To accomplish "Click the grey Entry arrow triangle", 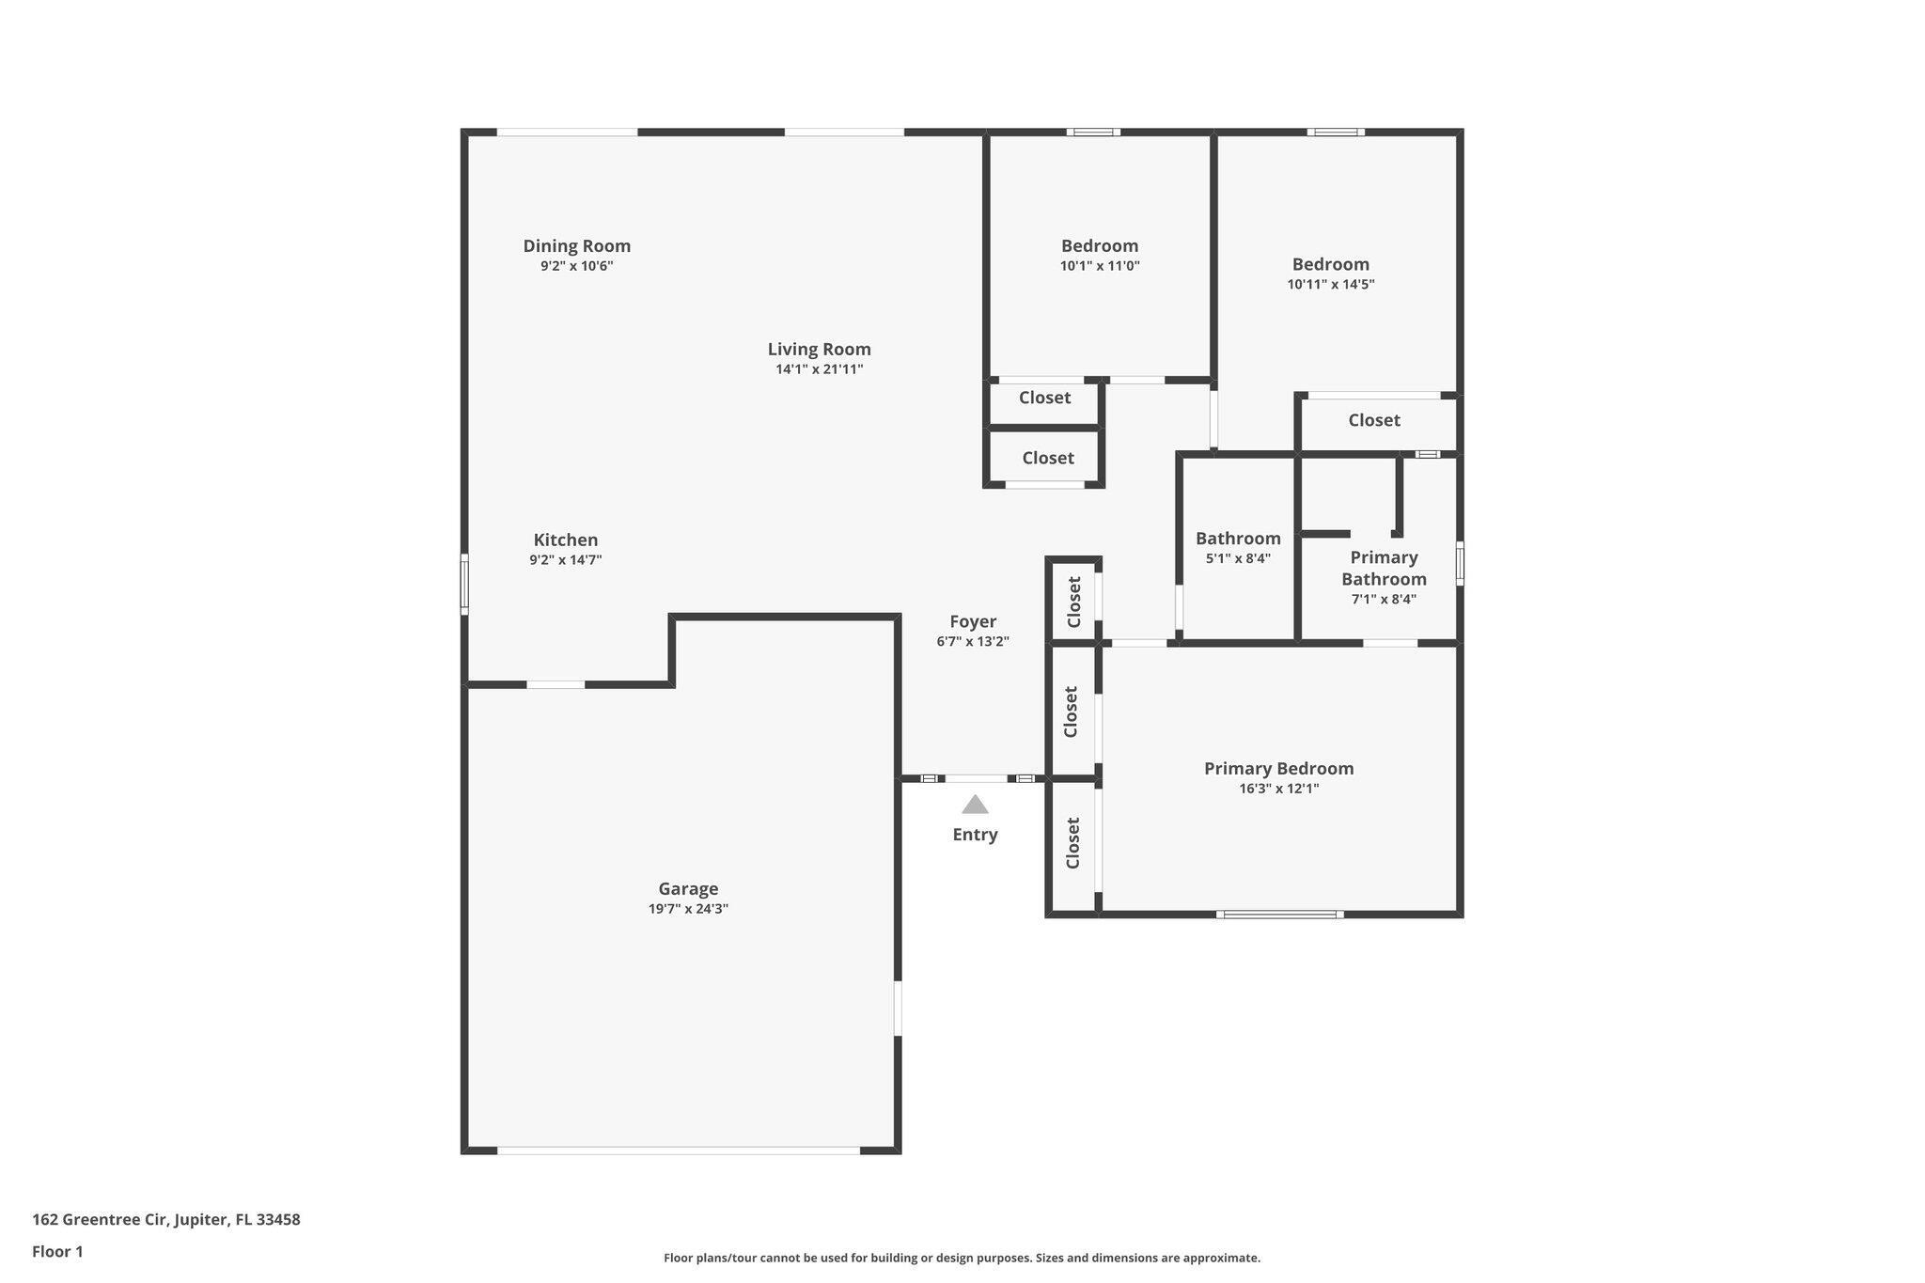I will pyautogui.click(x=975, y=805).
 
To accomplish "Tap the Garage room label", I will pyautogui.click(x=688, y=888).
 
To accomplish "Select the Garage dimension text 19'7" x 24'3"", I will pyautogui.click(x=688, y=909).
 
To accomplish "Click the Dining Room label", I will pyautogui.click(x=576, y=245).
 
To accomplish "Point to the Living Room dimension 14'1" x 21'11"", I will pyautogui.click(x=819, y=369).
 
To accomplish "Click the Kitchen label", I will pyautogui.click(x=566, y=540).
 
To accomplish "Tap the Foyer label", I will pyautogui.click(x=973, y=621).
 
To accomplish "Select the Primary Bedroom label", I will pyautogui.click(x=1278, y=768).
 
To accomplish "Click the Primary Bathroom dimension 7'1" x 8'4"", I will pyautogui.click(x=1384, y=600).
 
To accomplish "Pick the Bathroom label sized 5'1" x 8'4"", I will pyautogui.click(x=1238, y=539).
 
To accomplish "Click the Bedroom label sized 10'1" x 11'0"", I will pyautogui.click(x=1100, y=246).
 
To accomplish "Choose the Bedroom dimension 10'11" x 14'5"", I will pyautogui.click(x=1330, y=284).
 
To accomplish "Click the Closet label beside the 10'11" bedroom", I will pyautogui.click(x=1374, y=420).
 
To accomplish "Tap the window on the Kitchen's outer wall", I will pyautogui.click(x=464, y=585).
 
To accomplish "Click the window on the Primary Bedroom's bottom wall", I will pyautogui.click(x=1279, y=914).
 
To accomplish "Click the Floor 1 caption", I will pyautogui.click(x=57, y=1251).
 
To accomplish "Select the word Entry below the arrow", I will pyautogui.click(x=975, y=835).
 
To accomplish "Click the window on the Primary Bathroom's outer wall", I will pyautogui.click(x=1459, y=563).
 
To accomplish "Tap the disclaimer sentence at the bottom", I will pyautogui.click(x=962, y=1258).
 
